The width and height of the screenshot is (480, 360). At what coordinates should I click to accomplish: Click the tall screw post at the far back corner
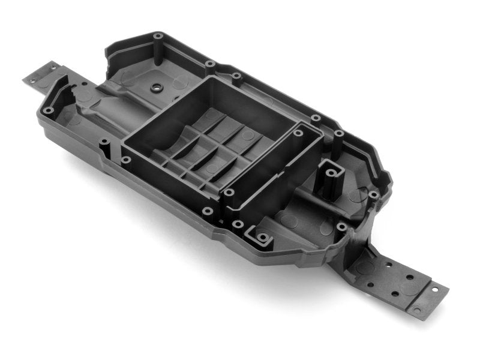[x=158, y=37]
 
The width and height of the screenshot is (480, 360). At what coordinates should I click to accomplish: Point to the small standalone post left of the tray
[x=105, y=143]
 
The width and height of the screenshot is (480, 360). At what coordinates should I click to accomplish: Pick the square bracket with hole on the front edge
[x=262, y=238]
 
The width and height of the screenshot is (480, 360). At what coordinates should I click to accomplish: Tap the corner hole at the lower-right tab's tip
[x=416, y=310]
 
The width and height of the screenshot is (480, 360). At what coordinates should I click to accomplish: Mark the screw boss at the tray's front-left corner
[x=126, y=160]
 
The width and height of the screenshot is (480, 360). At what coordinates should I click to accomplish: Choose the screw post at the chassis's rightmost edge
[x=373, y=195]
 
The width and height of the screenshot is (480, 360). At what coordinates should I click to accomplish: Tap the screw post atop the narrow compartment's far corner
[x=298, y=133]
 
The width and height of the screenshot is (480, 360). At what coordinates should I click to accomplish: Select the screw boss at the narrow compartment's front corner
[x=229, y=193]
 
